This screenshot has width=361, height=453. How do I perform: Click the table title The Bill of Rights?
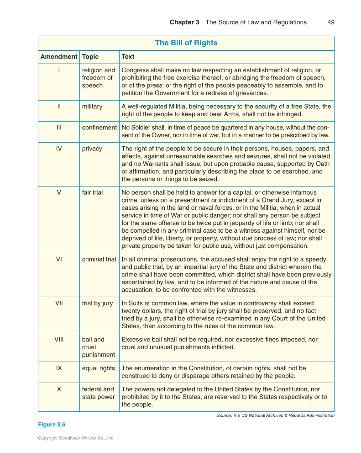pyautogui.click(x=186, y=43)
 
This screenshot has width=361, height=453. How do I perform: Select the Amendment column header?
pyautogui.click(x=59, y=57)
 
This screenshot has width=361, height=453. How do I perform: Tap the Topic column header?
pyautogui.click(x=90, y=57)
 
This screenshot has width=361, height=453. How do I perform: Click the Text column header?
pyautogui.click(x=128, y=57)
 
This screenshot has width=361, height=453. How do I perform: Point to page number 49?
pyautogui.click(x=331, y=22)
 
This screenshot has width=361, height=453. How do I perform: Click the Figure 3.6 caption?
pyautogui.click(x=52, y=425)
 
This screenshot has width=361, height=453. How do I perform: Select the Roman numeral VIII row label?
pyautogui.click(x=59, y=340)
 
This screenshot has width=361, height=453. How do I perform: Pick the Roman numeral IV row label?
pyautogui.click(x=59, y=149)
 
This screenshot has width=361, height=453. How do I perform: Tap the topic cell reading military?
pyautogui.click(x=92, y=107)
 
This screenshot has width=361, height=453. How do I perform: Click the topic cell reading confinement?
pyautogui.click(x=99, y=128)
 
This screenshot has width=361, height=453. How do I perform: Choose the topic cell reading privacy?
pyautogui.click(x=92, y=149)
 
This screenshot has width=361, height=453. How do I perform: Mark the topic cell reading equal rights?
pyautogui.click(x=99, y=368)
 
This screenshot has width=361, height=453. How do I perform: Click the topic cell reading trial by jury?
pyautogui.click(x=98, y=303)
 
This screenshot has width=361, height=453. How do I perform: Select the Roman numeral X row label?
pyautogui.click(x=59, y=389)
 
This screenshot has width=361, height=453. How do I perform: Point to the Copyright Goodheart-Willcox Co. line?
pyautogui.click(x=76, y=438)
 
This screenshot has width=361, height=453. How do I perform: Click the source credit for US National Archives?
pyautogui.click(x=276, y=416)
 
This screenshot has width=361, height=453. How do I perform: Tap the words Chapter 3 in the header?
pyautogui.click(x=184, y=22)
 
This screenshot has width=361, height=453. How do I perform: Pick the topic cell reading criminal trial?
pyautogui.click(x=99, y=259)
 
